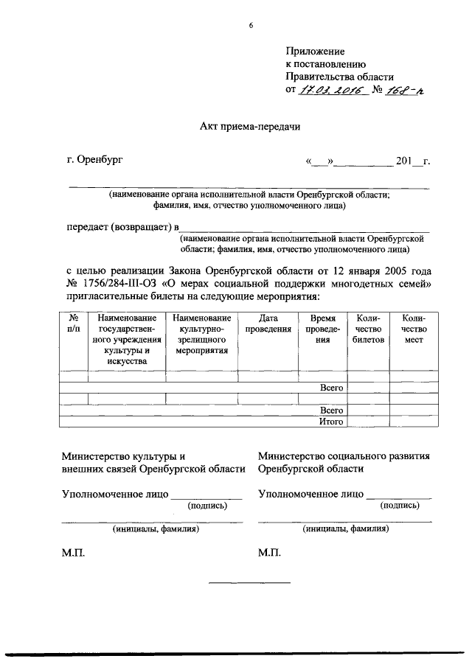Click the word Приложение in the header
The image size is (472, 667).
click(315, 51)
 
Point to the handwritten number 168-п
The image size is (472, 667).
click(409, 90)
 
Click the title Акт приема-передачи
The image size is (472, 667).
click(250, 126)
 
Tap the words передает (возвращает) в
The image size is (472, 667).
click(122, 226)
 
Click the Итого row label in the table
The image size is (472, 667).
click(331, 422)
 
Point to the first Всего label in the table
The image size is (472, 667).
click(331, 387)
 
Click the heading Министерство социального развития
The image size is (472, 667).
click(344, 456)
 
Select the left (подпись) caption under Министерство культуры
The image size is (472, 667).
click(207, 506)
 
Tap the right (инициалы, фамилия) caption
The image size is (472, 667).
click(345, 528)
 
